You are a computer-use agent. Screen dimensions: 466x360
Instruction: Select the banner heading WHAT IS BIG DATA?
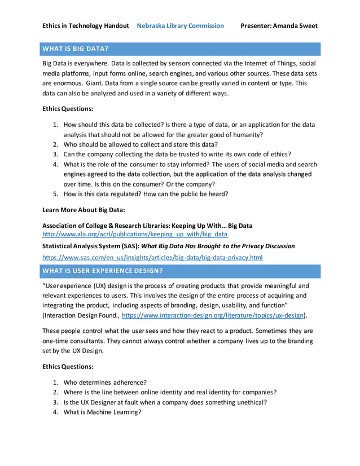tap(76, 49)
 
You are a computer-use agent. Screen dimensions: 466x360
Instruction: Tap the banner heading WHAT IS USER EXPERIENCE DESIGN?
tap(103, 271)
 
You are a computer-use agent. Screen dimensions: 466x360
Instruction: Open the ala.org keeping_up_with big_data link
tap(135, 234)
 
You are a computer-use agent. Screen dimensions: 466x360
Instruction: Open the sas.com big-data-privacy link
tap(152, 257)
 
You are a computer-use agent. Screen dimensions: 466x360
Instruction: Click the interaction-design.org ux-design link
tap(213, 316)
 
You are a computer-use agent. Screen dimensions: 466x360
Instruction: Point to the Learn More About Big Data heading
tap(84, 210)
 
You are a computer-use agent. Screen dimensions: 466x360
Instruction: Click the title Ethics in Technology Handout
tap(86, 25)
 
